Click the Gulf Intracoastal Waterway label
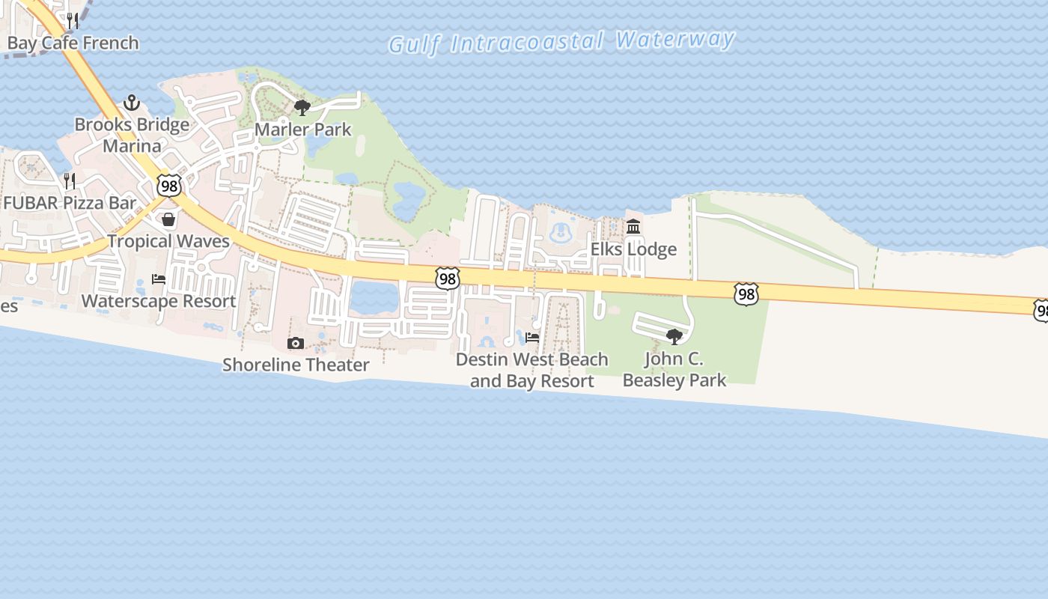click(561, 41)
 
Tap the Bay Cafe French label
click(73, 43)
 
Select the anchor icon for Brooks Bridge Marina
click(132, 103)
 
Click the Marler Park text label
click(302, 130)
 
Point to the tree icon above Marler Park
click(302, 108)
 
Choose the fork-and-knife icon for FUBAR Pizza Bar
click(70, 180)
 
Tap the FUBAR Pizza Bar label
click(70, 203)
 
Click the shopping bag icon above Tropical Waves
click(168, 219)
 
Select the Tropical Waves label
click(168, 241)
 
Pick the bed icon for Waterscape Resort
click(159, 279)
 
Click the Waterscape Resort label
click(159, 301)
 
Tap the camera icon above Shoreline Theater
click(296, 343)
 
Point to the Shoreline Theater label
click(296, 365)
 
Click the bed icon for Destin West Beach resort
click(532, 338)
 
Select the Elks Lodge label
click(633, 249)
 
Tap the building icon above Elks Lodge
click(633, 226)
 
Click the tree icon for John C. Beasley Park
click(674, 337)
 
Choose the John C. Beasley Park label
click(674, 369)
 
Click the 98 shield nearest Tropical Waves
click(169, 186)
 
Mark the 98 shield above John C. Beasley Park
click(746, 294)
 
